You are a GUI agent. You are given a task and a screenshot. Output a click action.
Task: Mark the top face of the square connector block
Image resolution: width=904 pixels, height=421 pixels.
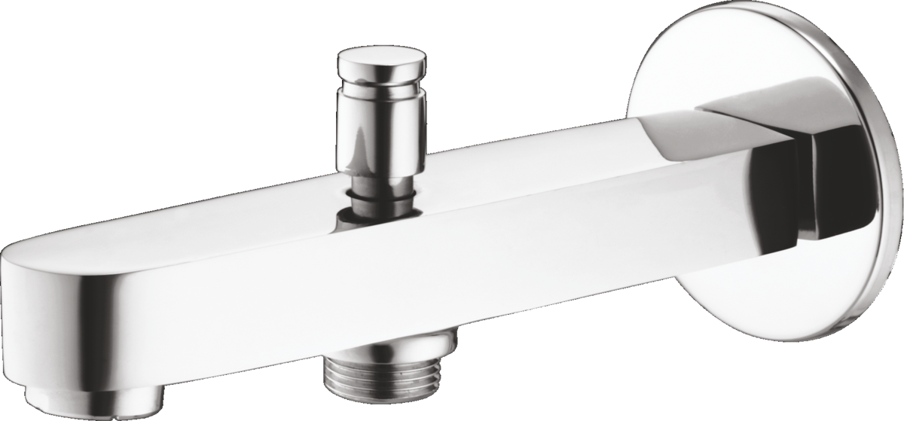tap(746, 113)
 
